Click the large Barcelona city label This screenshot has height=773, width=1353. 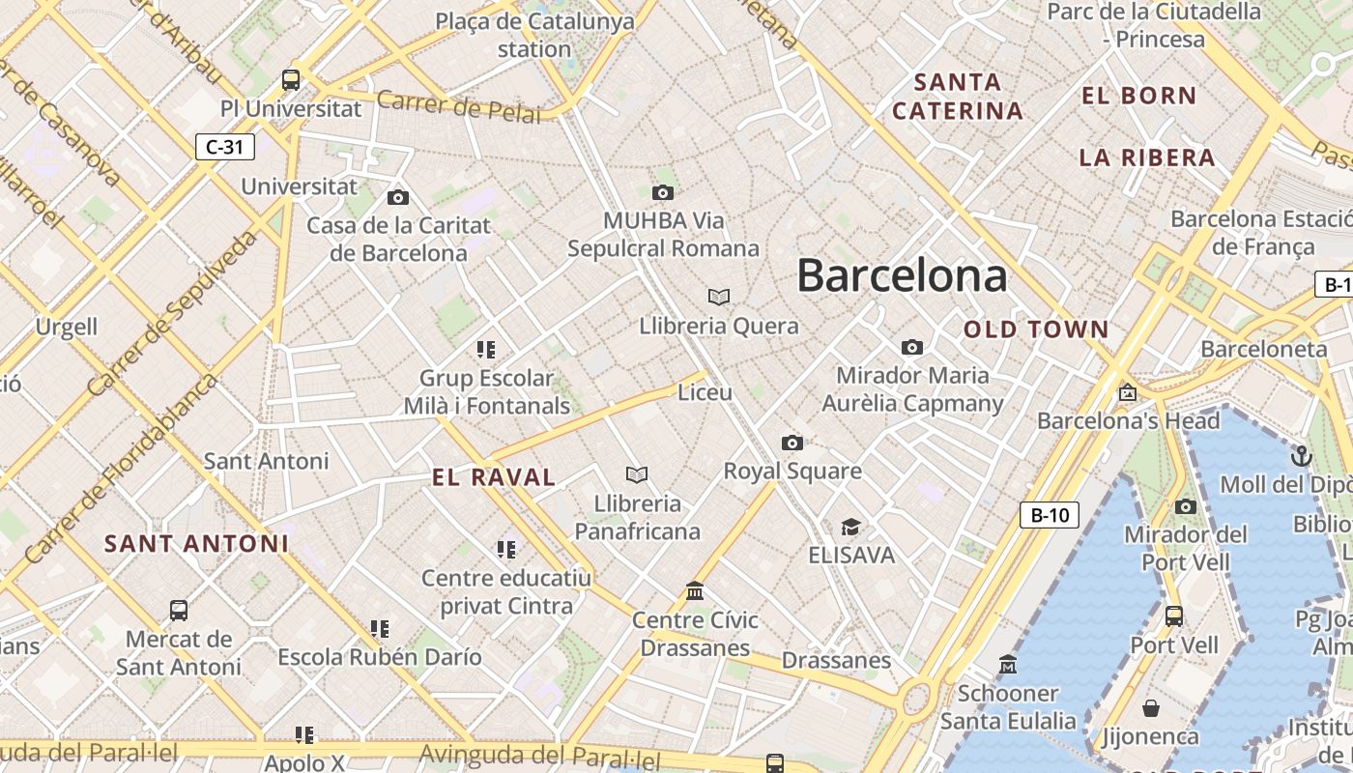click(x=902, y=275)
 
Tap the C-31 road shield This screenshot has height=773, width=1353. click(x=225, y=147)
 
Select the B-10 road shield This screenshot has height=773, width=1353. click(x=1050, y=515)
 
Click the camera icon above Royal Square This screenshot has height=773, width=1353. click(x=792, y=443)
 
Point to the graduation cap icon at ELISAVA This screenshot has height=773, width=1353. click(x=850, y=527)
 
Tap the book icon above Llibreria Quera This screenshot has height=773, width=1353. click(x=718, y=297)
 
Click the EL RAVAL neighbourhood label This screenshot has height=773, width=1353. click(x=494, y=476)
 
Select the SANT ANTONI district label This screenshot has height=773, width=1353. click(x=196, y=543)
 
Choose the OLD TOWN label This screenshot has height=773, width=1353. click(x=1036, y=329)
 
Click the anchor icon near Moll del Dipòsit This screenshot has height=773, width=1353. click(x=1302, y=455)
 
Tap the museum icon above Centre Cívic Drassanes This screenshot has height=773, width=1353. click(x=695, y=590)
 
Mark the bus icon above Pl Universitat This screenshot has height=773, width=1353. click(x=291, y=79)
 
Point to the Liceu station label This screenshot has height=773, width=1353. click(x=705, y=392)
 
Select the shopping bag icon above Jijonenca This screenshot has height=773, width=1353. click(x=1151, y=708)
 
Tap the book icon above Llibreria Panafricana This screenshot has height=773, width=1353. click(x=636, y=474)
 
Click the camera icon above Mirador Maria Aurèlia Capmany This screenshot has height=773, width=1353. click(x=911, y=347)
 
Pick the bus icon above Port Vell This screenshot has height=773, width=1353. click(x=1174, y=616)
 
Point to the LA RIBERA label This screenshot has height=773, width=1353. click(x=1146, y=157)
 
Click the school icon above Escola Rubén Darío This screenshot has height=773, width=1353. click(x=380, y=629)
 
